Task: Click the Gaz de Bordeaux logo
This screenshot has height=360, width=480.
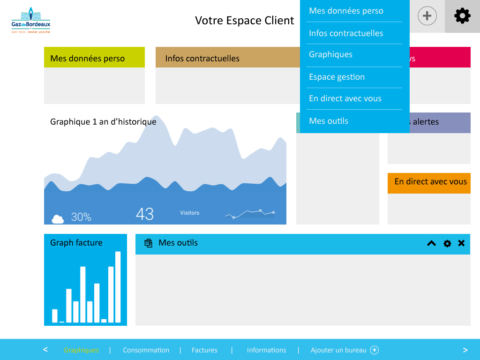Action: (31, 21)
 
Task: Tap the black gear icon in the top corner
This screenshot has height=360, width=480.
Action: (462, 16)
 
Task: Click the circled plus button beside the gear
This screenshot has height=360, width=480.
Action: (427, 16)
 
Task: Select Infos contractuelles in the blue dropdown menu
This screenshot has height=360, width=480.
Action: (346, 33)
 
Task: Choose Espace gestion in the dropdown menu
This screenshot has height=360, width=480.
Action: (337, 77)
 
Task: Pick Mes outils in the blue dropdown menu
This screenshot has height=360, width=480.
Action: (329, 121)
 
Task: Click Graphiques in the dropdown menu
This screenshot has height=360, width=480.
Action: (330, 54)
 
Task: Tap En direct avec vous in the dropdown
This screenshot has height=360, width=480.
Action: (345, 98)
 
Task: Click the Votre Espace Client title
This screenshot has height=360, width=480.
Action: (244, 21)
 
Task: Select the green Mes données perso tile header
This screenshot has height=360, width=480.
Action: (94, 58)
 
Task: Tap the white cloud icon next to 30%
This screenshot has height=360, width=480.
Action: (58, 218)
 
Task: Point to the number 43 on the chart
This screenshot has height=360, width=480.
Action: (145, 214)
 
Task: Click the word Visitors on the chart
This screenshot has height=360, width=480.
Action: (189, 213)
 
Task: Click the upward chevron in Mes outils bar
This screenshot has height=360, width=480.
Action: (431, 243)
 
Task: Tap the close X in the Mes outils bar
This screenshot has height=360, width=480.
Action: (461, 243)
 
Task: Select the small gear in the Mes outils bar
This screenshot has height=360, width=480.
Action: (447, 243)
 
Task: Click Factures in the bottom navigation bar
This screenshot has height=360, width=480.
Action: (204, 350)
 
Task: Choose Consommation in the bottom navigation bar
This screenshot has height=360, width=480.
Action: (146, 350)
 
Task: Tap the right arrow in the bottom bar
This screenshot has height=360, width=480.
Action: (465, 350)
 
